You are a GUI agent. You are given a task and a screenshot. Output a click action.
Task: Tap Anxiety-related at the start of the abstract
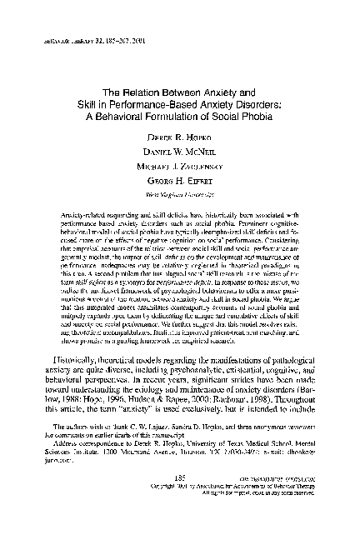click(86, 203)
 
